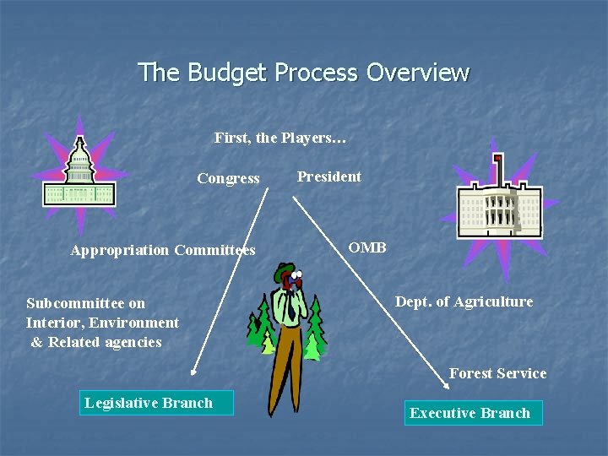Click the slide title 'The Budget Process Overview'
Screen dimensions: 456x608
(x=303, y=73)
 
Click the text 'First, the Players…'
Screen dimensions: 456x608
(x=280, y=137)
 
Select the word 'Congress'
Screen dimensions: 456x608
(x=228, y=178)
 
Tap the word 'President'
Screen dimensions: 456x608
(x=328, y=176)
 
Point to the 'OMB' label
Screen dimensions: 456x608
(x=367, y=247)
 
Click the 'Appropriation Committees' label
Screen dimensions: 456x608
(x=163, y=250)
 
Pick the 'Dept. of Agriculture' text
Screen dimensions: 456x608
(x=464, y=301)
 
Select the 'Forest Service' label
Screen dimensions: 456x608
(x=497, y=373)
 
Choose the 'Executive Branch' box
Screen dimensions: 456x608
(x=472, y=413)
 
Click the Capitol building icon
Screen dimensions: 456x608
(x=79, y=177)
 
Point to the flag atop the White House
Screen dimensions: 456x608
(x=497, y=158)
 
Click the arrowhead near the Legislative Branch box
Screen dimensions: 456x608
(x=193, y=370)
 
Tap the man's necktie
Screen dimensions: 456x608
(x=290, y=308)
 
